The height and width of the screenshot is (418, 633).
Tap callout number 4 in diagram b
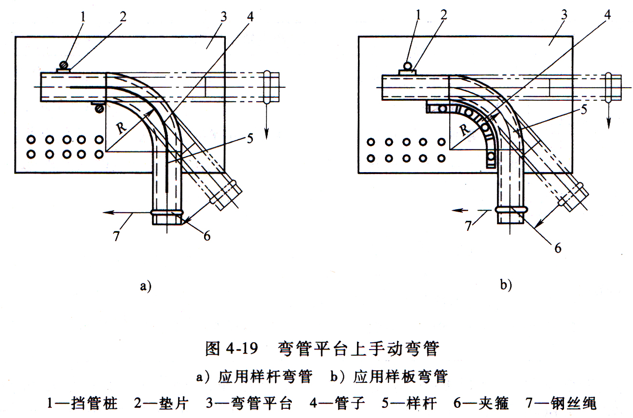point(607,14)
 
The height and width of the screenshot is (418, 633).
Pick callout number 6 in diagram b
point(558,248)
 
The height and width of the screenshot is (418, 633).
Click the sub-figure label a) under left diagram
point(146,285)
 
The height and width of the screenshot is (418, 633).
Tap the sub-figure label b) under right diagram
point(506,285)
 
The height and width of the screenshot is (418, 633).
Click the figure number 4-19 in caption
point(242,348)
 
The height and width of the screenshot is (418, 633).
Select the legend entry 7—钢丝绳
point(561,403)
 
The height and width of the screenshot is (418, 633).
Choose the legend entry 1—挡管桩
point(82,403)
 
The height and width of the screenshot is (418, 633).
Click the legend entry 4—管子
point(337,403)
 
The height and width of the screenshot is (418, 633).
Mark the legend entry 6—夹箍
point(481,403)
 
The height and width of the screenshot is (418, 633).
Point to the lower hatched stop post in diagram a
point(99,108)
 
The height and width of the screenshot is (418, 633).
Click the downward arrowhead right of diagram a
point(266,134)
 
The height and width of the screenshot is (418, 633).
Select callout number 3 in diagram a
point(223,17)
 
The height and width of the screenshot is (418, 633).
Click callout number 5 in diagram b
point(584,109)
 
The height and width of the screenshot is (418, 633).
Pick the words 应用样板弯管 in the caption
point(400,376)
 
